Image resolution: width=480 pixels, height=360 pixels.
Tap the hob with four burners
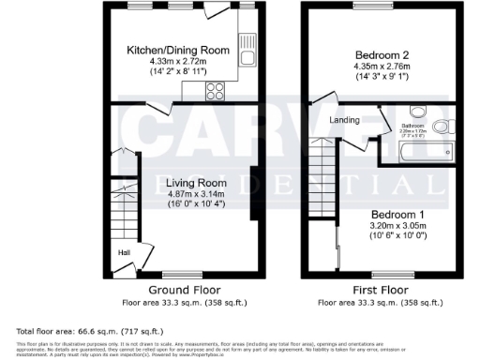(214, 91)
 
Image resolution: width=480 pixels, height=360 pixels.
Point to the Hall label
(123, 252)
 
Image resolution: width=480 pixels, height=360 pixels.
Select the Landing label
(342, 120)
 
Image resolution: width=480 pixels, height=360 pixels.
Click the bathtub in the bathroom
(422, 152)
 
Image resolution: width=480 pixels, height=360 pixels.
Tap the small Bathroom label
(412, 126)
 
